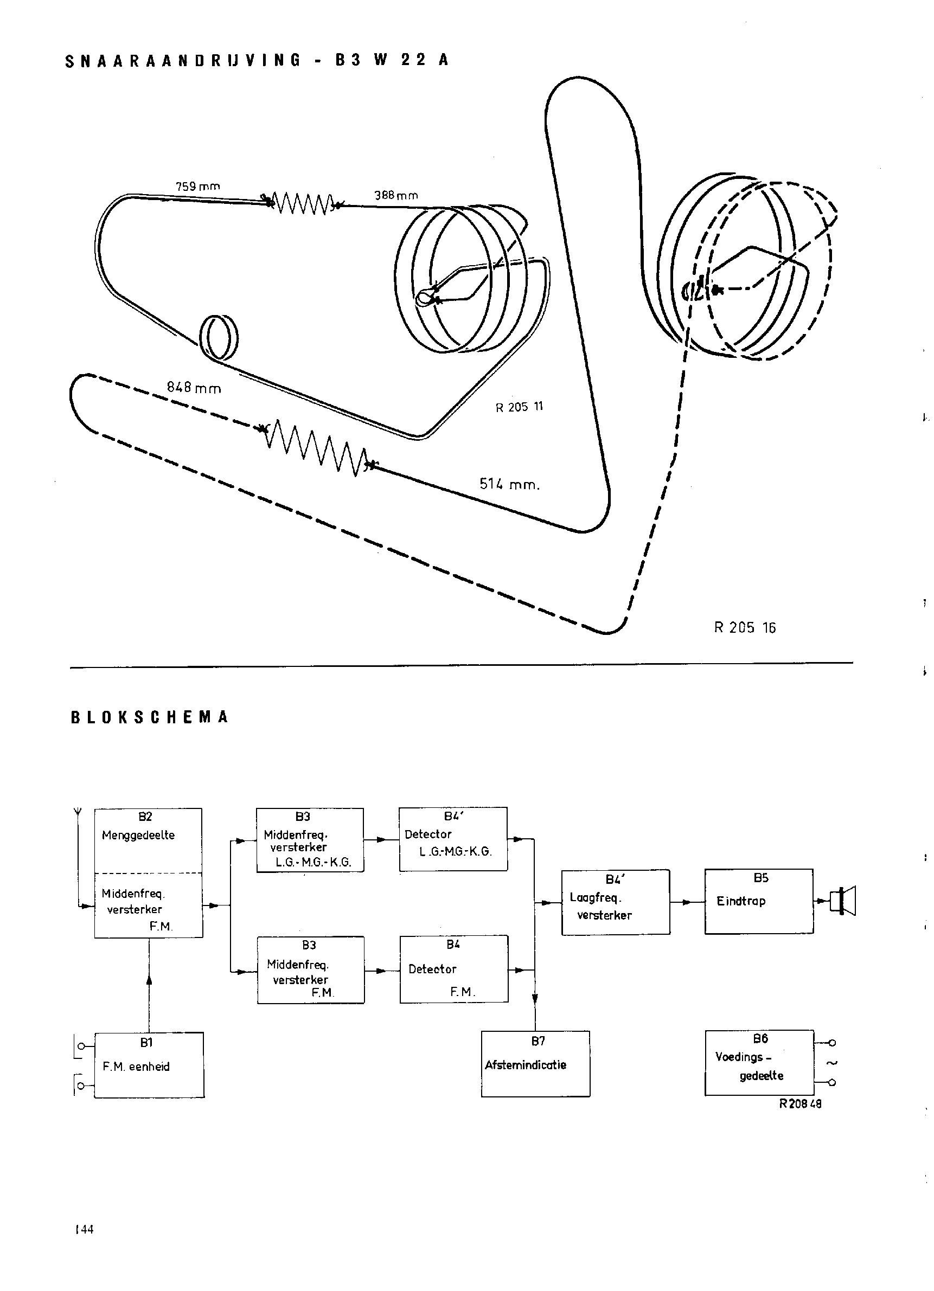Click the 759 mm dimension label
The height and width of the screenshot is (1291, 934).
197,186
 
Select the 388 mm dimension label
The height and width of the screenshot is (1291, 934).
396,195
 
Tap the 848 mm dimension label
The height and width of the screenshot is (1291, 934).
194,388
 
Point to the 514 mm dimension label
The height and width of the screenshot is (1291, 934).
509,484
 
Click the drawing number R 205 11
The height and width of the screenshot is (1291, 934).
519,407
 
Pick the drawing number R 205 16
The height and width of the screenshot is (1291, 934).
744,627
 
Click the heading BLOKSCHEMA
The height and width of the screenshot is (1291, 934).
149,717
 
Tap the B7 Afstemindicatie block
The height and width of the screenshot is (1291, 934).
535,1064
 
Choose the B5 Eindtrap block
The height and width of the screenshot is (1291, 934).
759,901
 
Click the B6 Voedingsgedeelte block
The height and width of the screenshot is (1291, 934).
759,1063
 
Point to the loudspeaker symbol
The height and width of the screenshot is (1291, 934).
843,902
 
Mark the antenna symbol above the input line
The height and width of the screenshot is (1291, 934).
78,811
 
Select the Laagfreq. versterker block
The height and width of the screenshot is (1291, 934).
616,902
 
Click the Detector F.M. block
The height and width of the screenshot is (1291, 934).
454,968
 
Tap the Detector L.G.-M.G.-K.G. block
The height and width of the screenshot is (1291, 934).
453,839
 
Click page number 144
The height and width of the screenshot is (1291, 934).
84,1229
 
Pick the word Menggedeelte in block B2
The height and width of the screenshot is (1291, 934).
138,835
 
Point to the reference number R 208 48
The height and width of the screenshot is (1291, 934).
800,1104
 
